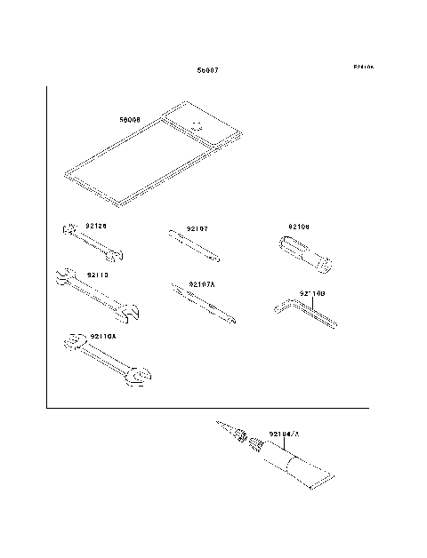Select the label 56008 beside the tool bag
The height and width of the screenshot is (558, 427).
pyautogui.click(x=130, y=118)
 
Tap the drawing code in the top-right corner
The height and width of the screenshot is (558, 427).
pyautogui.click(x=363, y=67)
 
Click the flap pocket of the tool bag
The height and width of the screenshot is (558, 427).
pyautogui.click(x=203, y=127)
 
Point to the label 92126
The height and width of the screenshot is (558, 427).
pyautogui.click(x=96, y=226)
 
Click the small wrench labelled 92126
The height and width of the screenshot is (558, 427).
pyautogui.click(x=92, y=243)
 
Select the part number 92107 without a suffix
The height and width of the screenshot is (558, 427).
pyautogui.click(x=197, y=228)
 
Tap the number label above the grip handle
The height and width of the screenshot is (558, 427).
pyautogui.click(x=299, y=227)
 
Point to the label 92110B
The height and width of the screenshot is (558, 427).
pyautogui.click(x=312, y=291)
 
